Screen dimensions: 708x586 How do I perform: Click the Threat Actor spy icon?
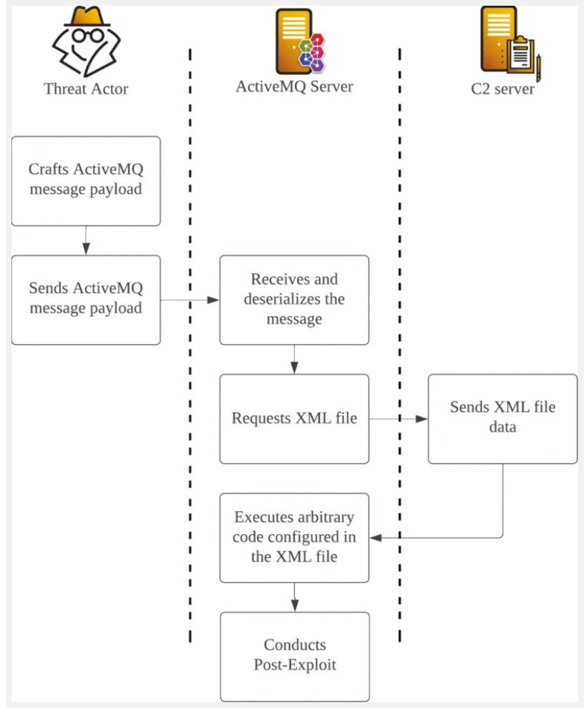coord(84,44)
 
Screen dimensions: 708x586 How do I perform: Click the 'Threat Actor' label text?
coord(86,89)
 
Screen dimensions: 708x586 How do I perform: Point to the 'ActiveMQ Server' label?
coord(294,87)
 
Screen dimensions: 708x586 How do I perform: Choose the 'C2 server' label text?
coord(502,89)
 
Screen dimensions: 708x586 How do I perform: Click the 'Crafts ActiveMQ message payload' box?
coord(86,180)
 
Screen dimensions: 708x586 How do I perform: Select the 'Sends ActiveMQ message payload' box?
coord(86,299)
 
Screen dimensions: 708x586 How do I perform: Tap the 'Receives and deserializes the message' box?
coord(294,299)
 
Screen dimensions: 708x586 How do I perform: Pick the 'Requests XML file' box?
coord(294,418)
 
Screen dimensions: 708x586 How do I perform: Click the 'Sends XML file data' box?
coord(502,418)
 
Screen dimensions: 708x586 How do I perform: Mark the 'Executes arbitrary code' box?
coord(294,537)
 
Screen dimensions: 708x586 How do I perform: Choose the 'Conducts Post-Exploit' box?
coord(294,656)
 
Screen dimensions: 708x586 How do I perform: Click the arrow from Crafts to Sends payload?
coord(86,240)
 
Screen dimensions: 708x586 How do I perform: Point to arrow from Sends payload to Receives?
coord(190,300)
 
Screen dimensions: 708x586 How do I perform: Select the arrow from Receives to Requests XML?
coord(294,359)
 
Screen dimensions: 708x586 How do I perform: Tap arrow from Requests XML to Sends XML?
coord(399,418)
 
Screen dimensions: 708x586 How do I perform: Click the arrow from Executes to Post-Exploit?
coord(294,596)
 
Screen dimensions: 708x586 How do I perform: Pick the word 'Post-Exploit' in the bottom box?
coord(295,664)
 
